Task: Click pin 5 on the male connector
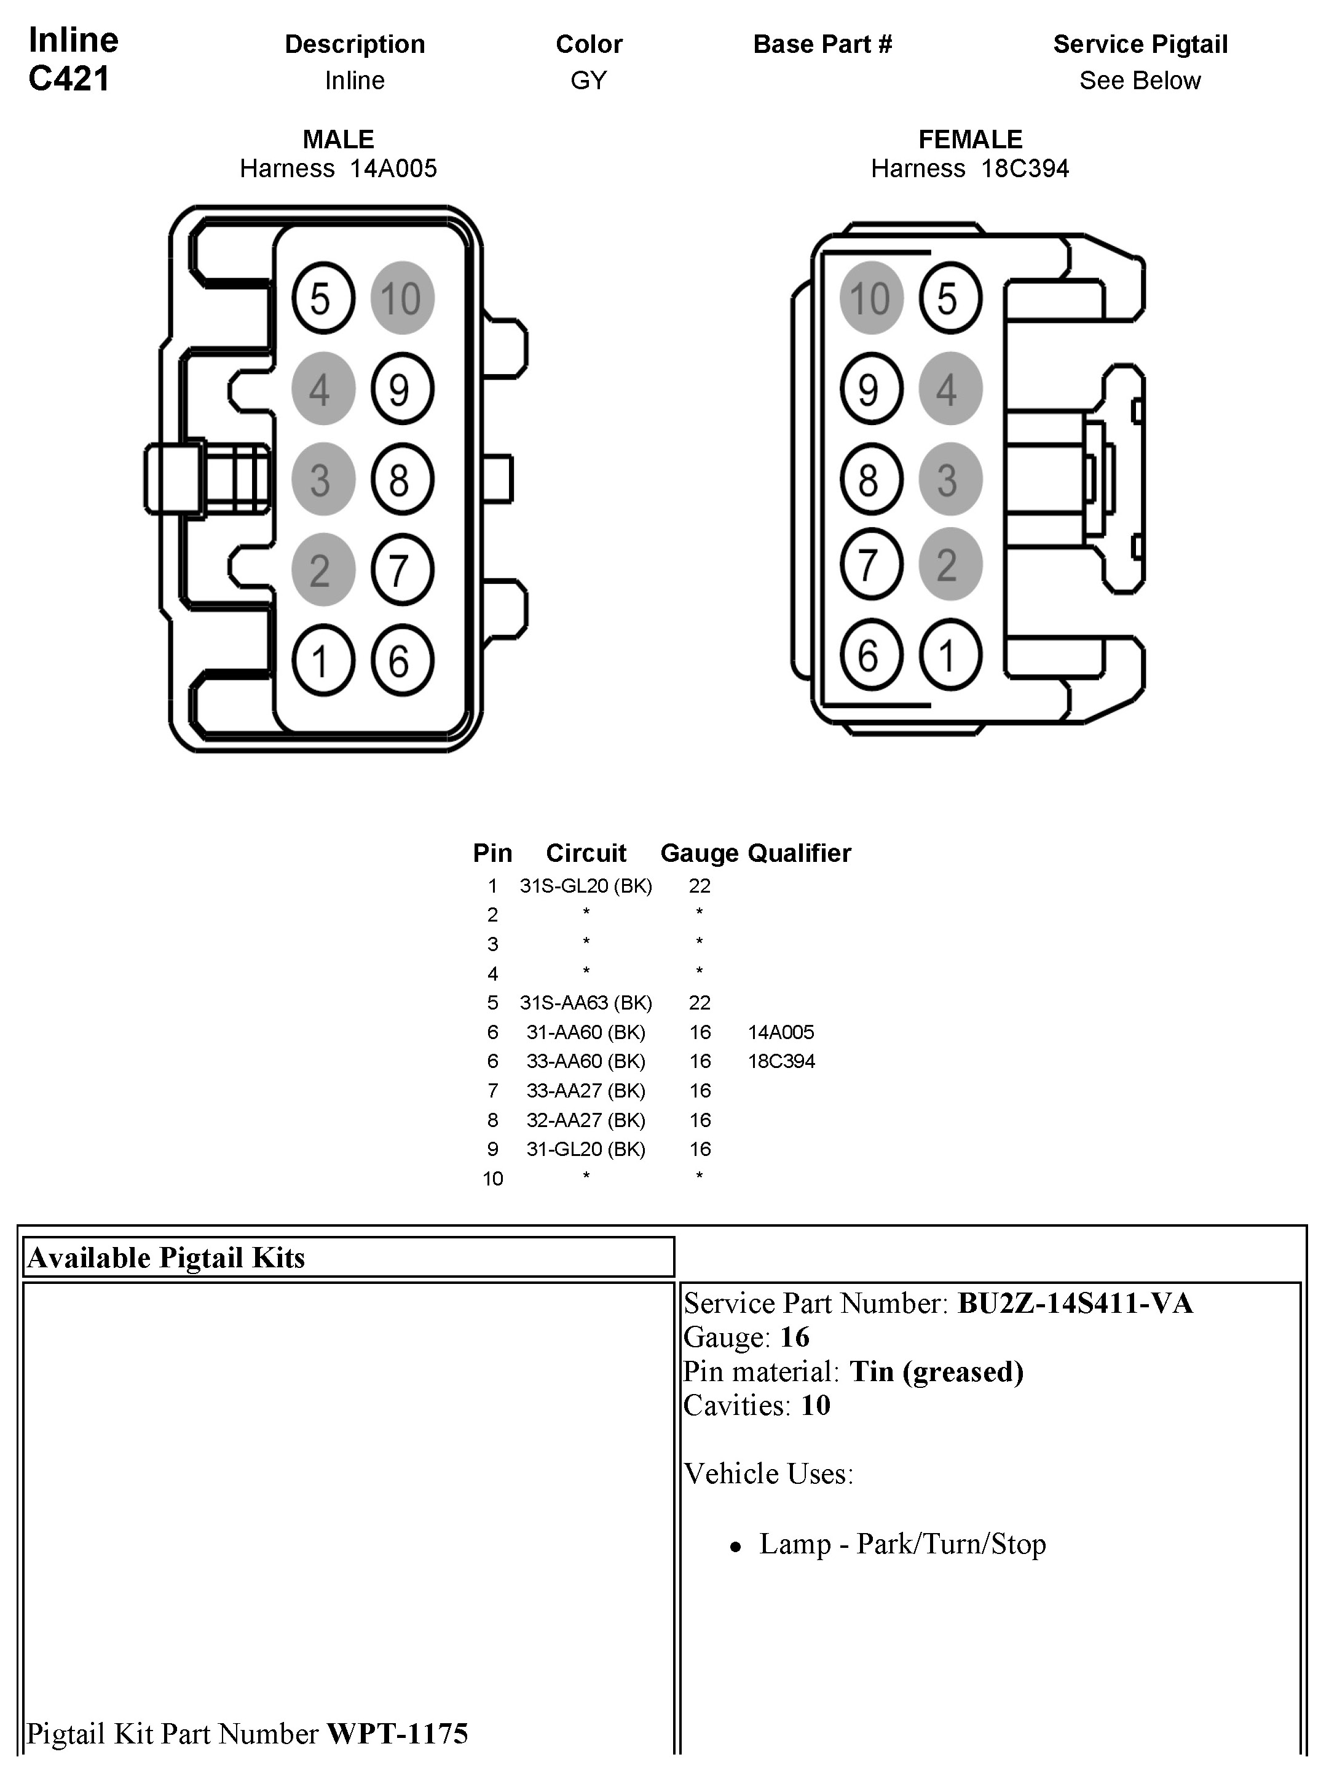(x=322, y=298)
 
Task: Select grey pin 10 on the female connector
(x=871, y=298)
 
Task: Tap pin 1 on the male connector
(x=322, y=661)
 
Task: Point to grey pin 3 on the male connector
(x=322, y=479)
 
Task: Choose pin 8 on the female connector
(x=871, y=479)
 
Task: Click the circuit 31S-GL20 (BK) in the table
(x=586, y=886)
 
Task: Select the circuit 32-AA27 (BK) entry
(x=586, y=1120)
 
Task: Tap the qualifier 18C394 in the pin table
(x=781, y=1061)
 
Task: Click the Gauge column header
(x=698, y=853)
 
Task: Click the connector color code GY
(x=589, y=80)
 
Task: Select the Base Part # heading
(x=822, y=44)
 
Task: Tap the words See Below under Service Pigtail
(x=1140, y=80)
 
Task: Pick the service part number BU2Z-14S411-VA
(x=1075, y=1304)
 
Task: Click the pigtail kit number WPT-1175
(x=397, y=1734)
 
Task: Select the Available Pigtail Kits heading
(x=167, y=1257)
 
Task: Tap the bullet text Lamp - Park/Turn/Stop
(x=902, y=1544)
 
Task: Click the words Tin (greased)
(x=936, y=1371)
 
